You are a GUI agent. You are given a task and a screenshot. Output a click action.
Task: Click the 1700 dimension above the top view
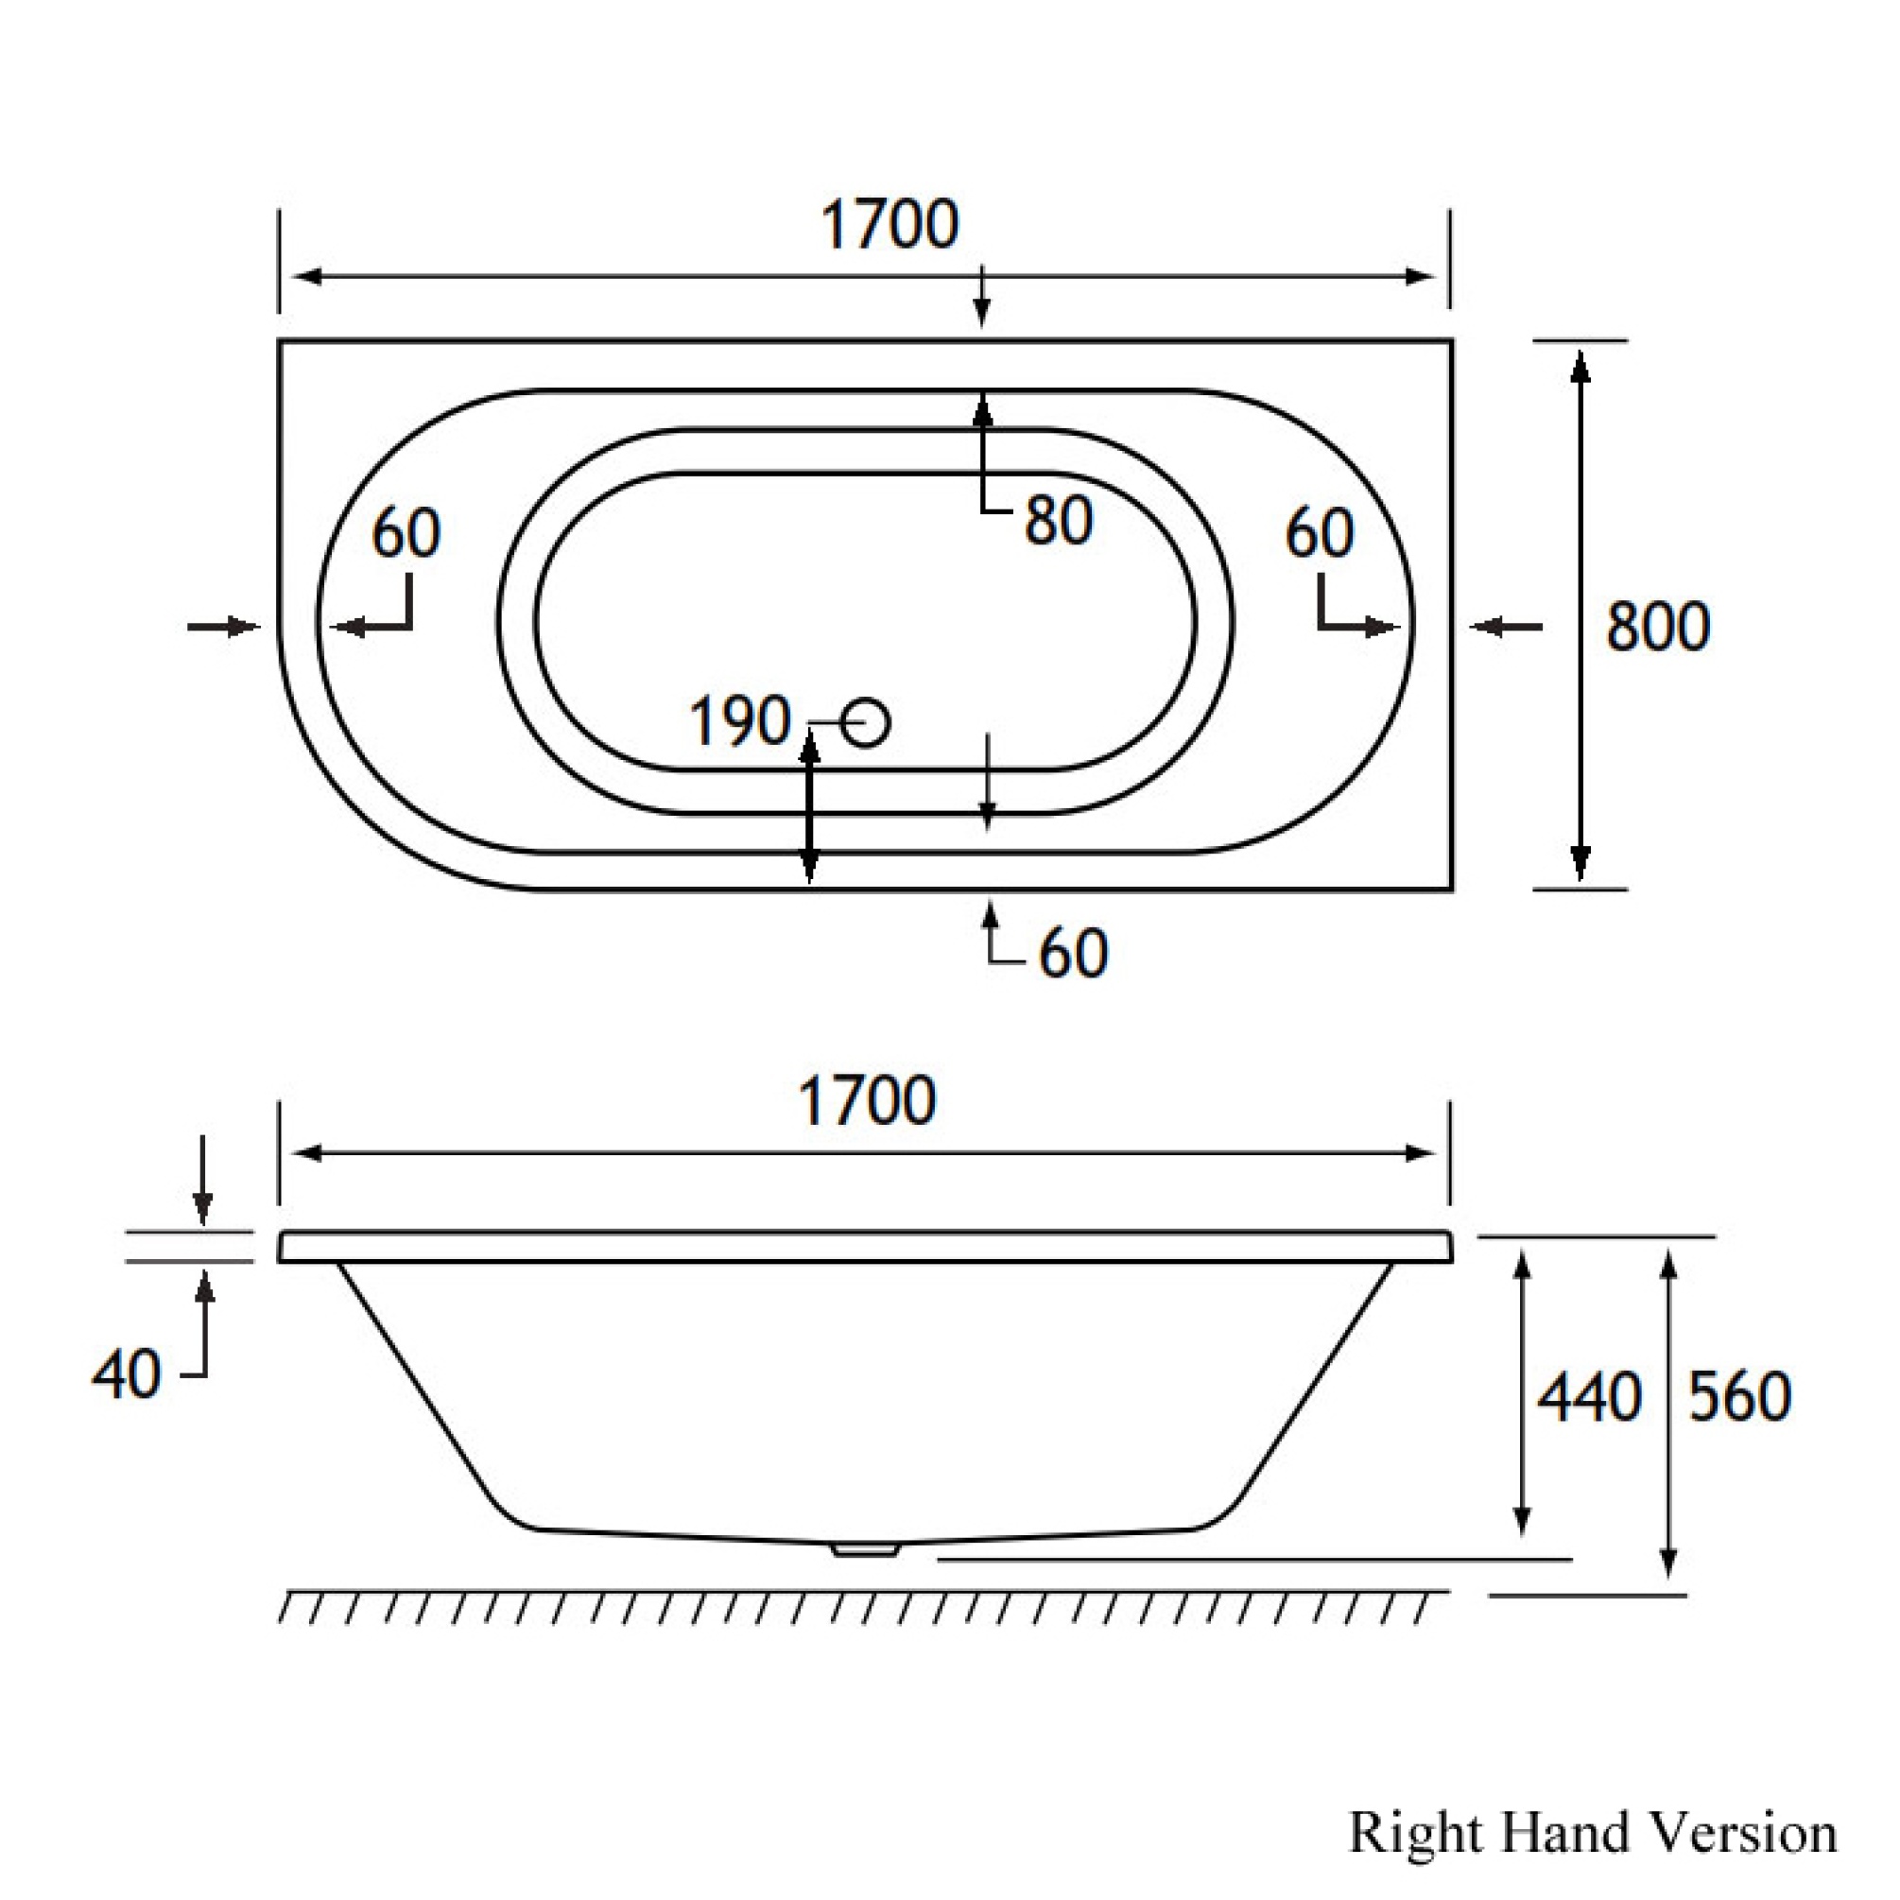coord(889,225)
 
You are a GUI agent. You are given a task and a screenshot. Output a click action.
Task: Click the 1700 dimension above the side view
coord(867,1100)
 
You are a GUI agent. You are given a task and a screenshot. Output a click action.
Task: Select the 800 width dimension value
coord(1658,627)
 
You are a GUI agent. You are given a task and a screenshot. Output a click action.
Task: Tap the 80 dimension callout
coord(1058,520)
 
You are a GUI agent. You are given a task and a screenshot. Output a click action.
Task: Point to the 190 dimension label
coord(739,721)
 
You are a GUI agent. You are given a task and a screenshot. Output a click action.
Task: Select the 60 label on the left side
coord(406,534)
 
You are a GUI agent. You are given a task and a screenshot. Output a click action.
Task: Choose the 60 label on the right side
coord(1320,534)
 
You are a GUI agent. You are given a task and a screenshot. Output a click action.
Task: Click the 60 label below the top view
coord(1073,953)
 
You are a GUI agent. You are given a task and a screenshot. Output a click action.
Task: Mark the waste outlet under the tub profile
coord(866,1550)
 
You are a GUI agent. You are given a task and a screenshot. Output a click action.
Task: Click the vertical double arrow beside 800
coord(1580,614)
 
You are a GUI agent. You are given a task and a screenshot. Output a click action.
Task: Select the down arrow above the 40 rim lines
coord(202,1179)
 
